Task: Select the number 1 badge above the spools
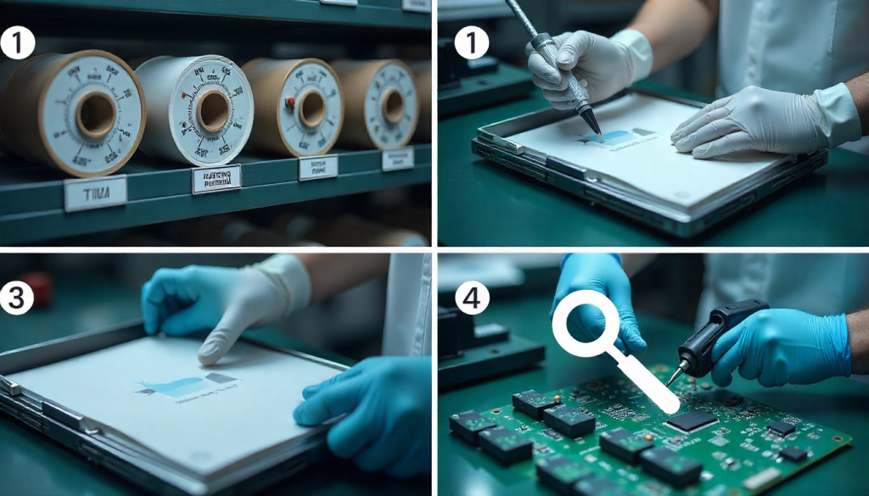tap(18, 42)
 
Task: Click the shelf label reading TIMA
tap(95, 194)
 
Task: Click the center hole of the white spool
tap(212, 111)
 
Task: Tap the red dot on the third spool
tap(289, 103)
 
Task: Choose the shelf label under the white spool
tap(216, 179)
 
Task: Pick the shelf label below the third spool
tap(318, 167)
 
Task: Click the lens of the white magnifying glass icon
tap(586, 323)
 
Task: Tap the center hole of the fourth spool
tap(393, 106)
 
